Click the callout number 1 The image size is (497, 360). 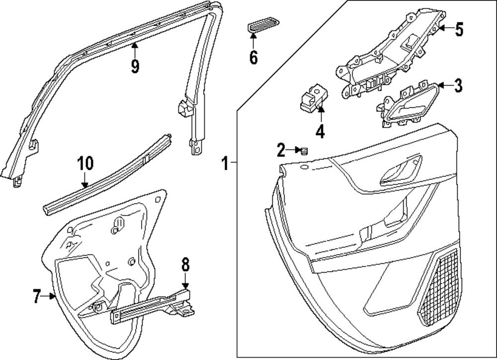tap(225, 163)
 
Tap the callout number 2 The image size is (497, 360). tap(281, 149)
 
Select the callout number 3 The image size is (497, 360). tap(458, 85)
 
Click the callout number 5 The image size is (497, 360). tap(458, 29)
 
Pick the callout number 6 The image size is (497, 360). tap(253, 58)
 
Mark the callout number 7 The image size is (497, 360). tap(36, 296)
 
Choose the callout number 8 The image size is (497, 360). tap(185, 264)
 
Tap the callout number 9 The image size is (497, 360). tap(135, 66)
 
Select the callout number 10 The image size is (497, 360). tap(85, 163)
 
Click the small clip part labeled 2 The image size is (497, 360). tap(304, 150)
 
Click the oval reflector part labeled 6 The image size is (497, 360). tap(262, 25)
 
